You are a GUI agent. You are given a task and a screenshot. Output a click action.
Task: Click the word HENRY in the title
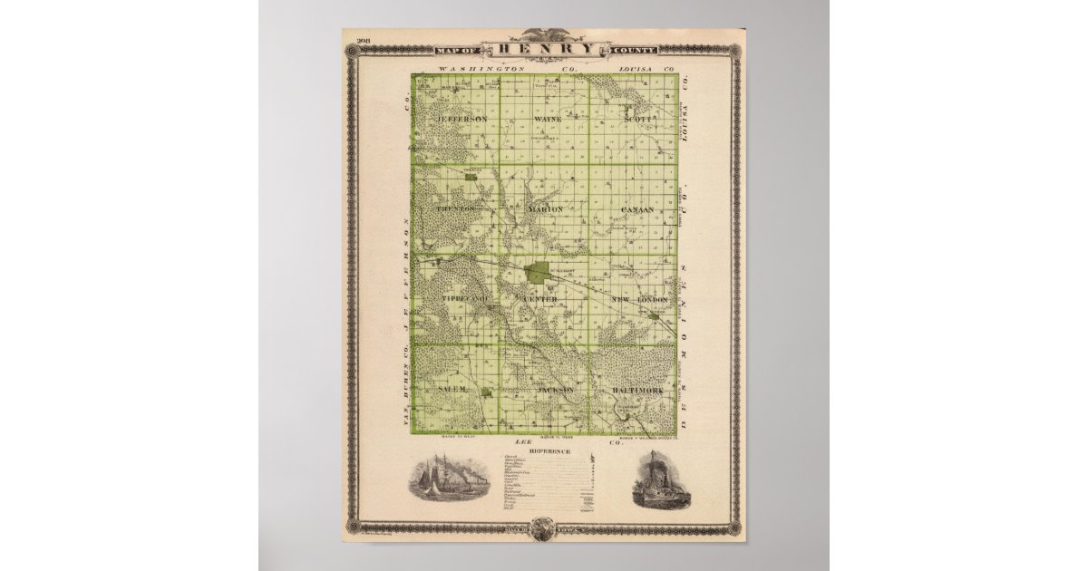pyautogui.click(x=543, y=49)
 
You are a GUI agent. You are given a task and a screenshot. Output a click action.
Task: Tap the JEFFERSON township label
pyautogui.click(x=461, y=119)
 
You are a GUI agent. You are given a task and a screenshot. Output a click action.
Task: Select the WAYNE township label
pyautogui.click(x=548, y=119)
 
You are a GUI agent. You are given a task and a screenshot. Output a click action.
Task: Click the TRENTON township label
pyautogui.click(x=455, y=208)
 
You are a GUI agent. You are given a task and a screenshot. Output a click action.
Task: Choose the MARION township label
pyautogui.click(x=546, y=208)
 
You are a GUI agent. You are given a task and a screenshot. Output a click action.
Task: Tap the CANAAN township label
pyautogui.click(x=637, y=209)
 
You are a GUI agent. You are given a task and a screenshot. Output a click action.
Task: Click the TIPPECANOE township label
pyautogui.click(x=464, y=299)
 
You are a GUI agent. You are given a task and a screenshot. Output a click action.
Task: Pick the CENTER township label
pyautogui.click(x=541, y=299)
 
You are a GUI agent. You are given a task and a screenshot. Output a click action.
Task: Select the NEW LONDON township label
pyautogui.click(x=639, y=299)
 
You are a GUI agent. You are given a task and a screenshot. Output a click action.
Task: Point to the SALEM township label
pyautogui.click(x=452, y=388)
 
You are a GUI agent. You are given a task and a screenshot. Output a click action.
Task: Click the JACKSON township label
pyautogui.click(x=556, y=389)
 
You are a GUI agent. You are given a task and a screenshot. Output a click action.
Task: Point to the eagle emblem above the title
pyautogui.click(x=544, y=35)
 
